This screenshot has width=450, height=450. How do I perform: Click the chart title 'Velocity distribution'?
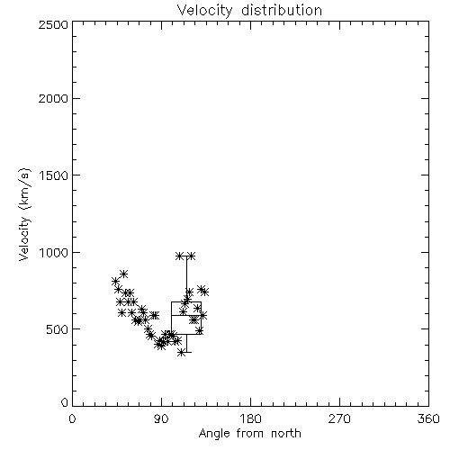(249, 11)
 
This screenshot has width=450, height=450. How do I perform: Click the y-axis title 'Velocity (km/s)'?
(24, 214)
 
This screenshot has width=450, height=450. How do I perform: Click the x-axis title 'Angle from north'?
(249, 434)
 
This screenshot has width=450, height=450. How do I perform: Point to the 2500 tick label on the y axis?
(53, 24)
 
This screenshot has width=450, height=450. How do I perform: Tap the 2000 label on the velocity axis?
(53, 98)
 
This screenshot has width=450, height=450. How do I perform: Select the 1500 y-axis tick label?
(54, 175)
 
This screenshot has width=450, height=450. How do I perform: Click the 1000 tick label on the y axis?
(54, 253)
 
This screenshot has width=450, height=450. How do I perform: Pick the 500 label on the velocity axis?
(58, 329)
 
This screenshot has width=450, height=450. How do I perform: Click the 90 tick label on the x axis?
(161, 418)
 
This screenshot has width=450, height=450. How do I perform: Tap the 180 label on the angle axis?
(250, 418)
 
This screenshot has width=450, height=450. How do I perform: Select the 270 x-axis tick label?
(339, 418)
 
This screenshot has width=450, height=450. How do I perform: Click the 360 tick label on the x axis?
(428, 418)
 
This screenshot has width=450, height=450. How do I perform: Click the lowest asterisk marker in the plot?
(181, 353)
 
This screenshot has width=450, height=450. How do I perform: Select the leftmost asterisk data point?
(115, 282)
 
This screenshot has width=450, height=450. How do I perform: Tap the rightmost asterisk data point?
(205, 292)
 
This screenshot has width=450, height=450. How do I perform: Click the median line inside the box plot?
(186, 315)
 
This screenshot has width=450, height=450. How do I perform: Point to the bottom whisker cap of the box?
(186, 352)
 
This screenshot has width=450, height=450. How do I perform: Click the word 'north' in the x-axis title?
(286, 434)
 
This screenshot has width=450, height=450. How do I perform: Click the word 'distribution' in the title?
(282, 11)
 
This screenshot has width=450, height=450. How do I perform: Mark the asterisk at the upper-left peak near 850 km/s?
(124, 274)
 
